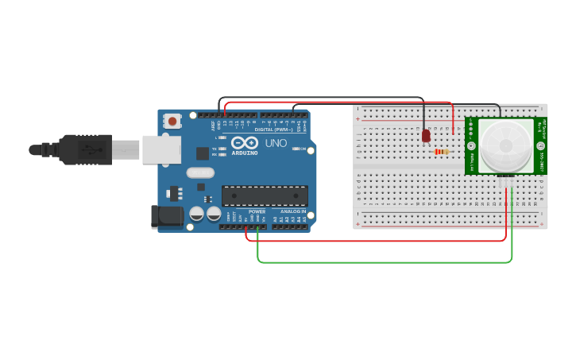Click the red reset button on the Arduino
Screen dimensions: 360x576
(172, 121)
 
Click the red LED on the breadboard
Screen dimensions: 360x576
(426, 136)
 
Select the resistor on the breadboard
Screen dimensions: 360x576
(441, 151)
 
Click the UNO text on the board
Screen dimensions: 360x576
(276, 143)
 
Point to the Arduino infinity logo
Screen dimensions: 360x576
(245, 143)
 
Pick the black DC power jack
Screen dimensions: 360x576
(167, 215)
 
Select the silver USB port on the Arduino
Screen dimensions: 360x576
(161, 149)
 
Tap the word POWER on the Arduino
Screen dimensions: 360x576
(257, 211)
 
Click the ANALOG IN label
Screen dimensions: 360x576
(292, 211)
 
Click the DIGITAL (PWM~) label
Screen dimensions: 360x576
(273, 129)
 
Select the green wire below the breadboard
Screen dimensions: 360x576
(381, 261)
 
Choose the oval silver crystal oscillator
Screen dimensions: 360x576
(200, 172)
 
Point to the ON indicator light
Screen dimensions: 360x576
(296, 149)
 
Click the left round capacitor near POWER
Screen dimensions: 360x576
(196, 214)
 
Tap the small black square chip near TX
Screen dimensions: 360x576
(203, 153)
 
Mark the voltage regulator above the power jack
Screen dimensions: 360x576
(175, 192)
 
